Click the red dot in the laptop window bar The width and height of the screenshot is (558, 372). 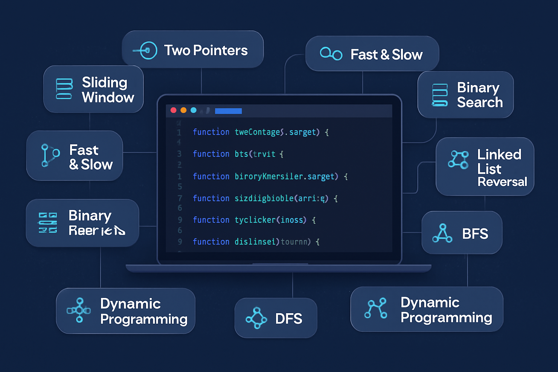click(x=174, y=110)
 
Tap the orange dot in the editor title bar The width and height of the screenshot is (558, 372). click(x=183, y=110)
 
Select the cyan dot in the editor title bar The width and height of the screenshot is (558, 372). click(x=194, y=110)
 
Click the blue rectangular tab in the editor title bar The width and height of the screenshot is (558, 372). click(x=228, y=111)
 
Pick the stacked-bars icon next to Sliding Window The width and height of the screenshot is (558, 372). click(x=64, y=89)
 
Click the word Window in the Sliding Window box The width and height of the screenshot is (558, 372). click(x=108, y=97)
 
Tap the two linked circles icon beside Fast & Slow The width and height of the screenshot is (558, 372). click(x=331, y=54)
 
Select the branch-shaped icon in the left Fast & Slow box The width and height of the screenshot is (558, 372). click(x=49, y=155)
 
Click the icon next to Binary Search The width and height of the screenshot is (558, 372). click(x=440, y=95)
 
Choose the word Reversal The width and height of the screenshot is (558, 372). click(x=502, y=182)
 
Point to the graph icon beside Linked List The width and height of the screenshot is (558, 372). click(x=458, y=159)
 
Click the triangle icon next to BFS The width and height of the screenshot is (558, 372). click(x=442, y=233)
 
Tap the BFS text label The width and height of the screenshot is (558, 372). click(x=475, y=234)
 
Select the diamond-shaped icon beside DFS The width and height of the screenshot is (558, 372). click(x=256, y=318)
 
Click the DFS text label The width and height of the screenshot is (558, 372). click(x=288, y=319)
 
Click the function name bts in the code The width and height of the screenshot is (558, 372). click(x=241, y=154)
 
